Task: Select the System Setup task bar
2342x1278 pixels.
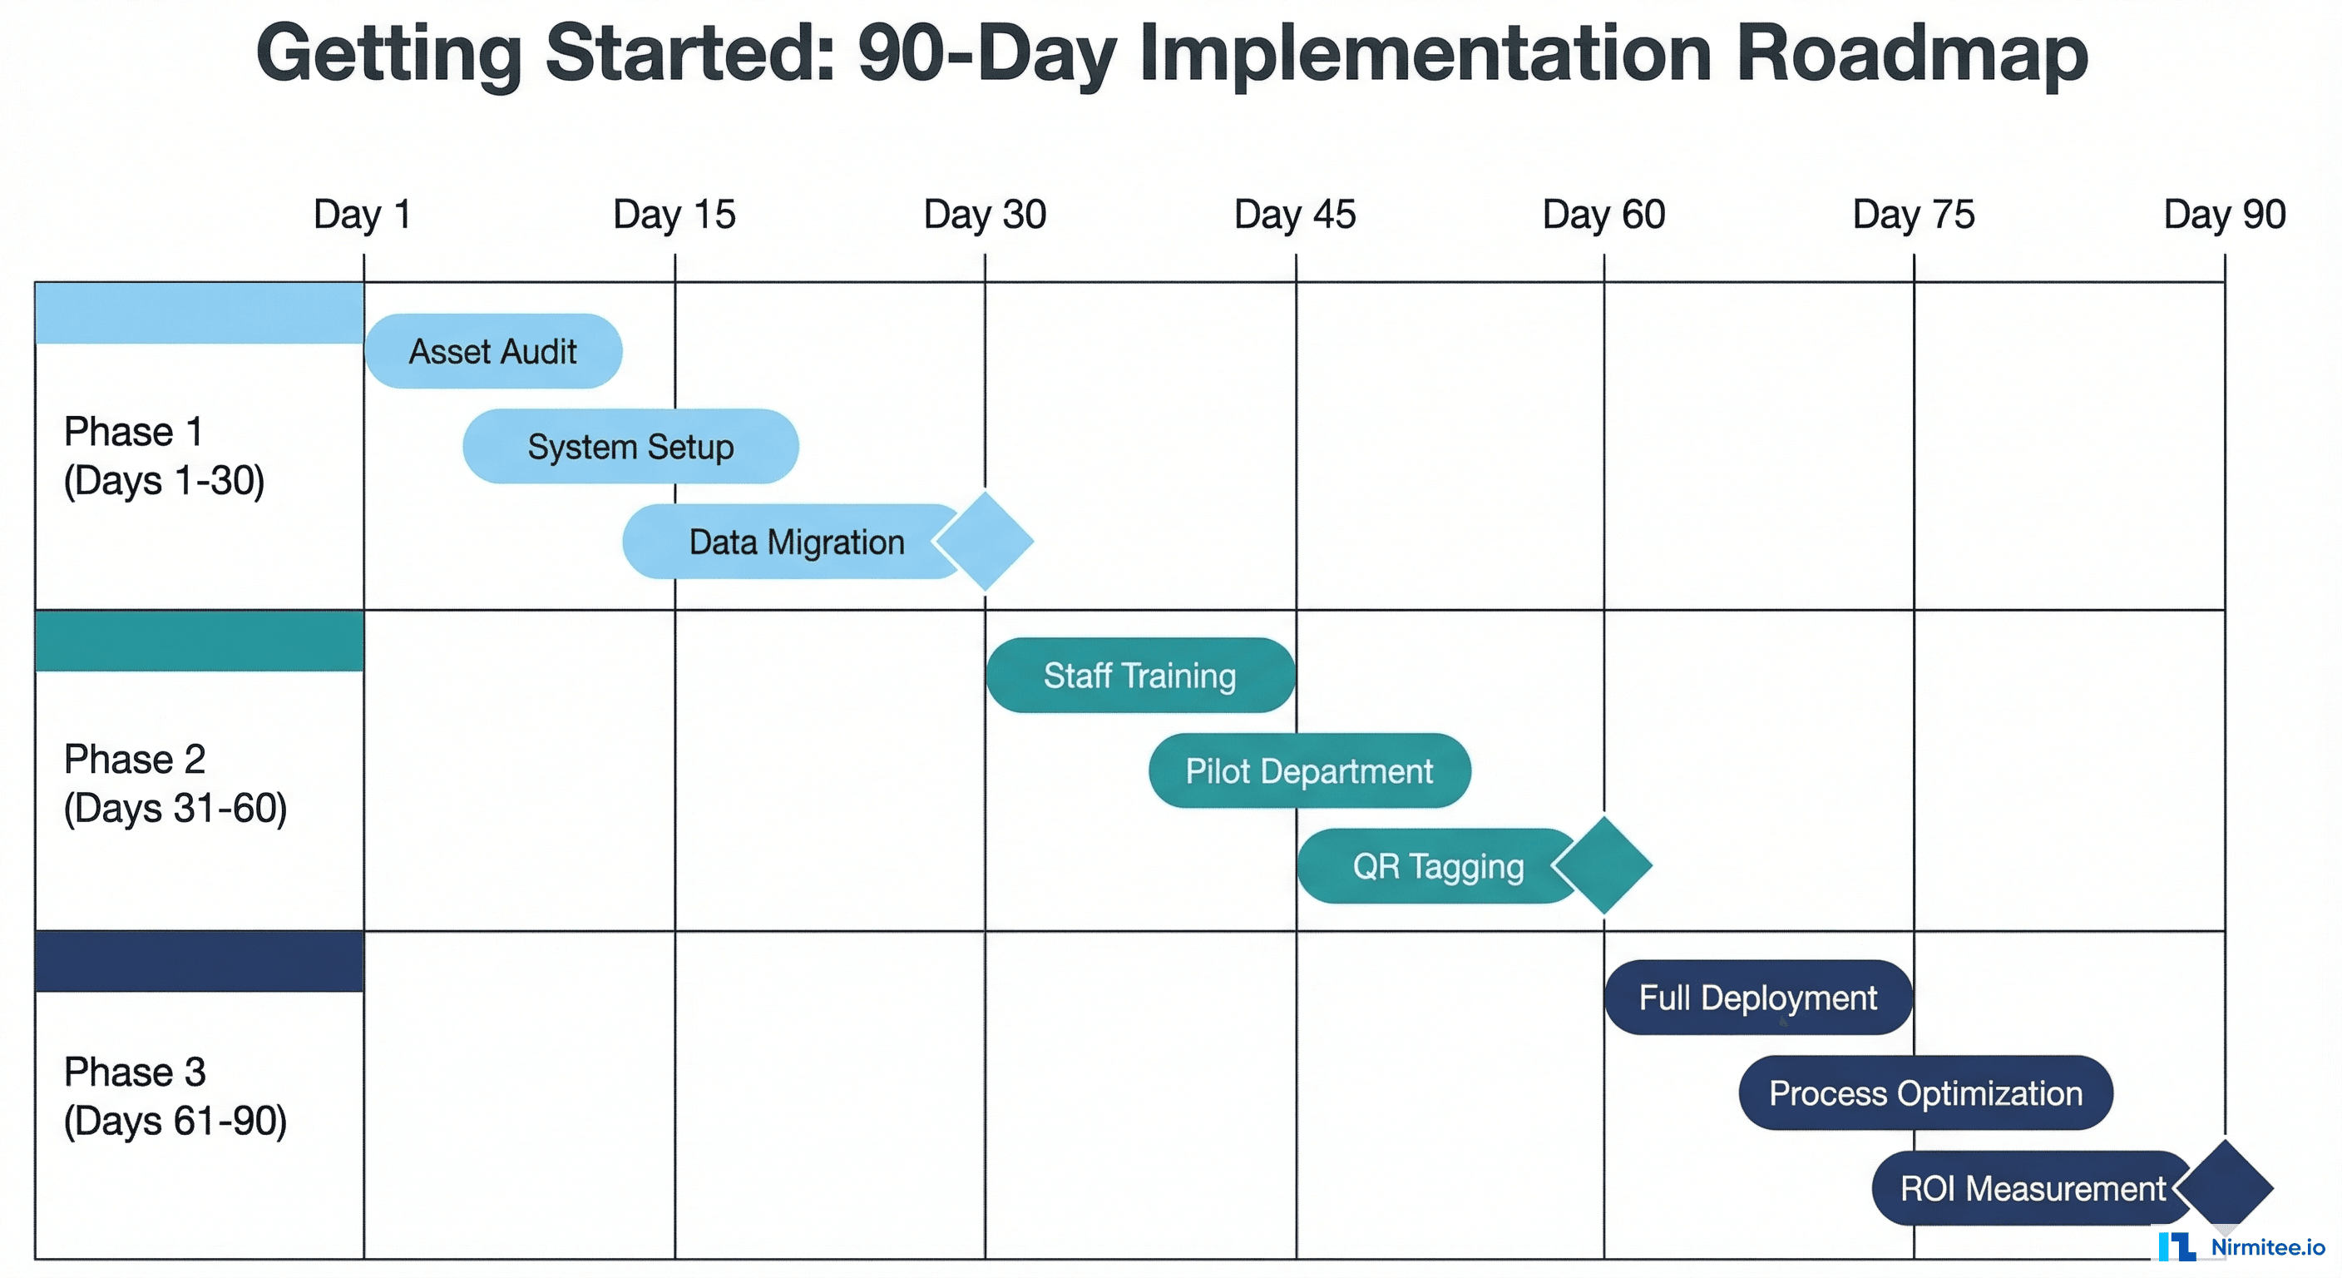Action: [x=630, y=447]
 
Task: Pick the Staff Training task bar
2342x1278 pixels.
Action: [x=1139, y=676]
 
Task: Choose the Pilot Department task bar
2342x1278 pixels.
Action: [x=1308, y=771]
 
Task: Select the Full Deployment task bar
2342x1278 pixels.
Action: [x=1757, y=998]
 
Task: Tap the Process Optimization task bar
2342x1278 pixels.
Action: [x=1924, y=1093]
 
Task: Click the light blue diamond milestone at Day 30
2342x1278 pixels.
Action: [x=986, y=541]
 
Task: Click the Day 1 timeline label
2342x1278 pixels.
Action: [x=362, y=215]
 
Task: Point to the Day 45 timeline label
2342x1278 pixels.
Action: [x=1295, y=215]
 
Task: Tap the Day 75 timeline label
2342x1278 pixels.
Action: [x=1913, y=215]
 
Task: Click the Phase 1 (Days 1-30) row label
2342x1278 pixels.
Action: [x=164, y=456]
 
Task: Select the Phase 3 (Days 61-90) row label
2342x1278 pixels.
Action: [x=175, y=1096]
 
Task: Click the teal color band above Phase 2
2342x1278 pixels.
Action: [x=199, y=641]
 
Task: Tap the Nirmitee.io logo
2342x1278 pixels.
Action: [x=2241, y=1246]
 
